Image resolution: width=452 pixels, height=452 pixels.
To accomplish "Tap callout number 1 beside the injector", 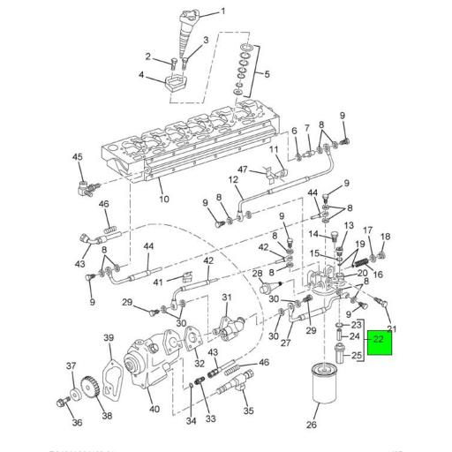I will [222, 11].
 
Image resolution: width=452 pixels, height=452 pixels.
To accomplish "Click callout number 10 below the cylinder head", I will [162, 200].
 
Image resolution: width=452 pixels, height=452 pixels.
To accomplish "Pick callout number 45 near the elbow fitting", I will [77, 157].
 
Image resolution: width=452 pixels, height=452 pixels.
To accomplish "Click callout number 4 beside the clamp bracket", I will [141, 75].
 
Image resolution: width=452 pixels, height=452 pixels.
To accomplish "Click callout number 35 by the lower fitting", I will [248, 411].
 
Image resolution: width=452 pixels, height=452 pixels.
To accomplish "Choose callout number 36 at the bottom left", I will [78, 423].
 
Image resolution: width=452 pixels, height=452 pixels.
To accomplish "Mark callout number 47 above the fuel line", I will [243, 169].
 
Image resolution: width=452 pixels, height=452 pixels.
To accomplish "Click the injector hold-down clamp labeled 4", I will [175, 84].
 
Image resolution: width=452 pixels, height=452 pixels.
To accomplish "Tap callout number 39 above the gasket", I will [109, 338].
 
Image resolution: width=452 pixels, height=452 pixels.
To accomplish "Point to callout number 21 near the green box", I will [394, 329].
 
